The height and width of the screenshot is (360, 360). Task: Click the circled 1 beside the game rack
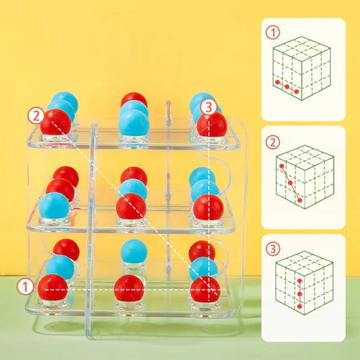tap(25, 286)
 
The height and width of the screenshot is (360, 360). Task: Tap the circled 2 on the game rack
tap(36, 115)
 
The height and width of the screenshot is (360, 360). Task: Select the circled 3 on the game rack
tap(209, 106)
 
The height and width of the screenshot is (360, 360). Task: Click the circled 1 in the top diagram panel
tap(273, 32)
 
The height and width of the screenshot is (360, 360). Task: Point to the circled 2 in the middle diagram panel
tap(273, 142)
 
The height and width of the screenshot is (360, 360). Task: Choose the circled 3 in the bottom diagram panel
tap(273, 249)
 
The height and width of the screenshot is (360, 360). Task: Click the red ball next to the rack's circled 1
tap(52, 287)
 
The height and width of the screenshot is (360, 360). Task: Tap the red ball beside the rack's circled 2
tap(55, 122)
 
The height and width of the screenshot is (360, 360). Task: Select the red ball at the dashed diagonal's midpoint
tap(131, 206)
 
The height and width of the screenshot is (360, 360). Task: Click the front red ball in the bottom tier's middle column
tap(129, 288)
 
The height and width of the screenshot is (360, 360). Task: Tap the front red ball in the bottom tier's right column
tap(205, 289)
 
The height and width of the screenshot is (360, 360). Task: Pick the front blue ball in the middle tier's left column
tap(54, 205)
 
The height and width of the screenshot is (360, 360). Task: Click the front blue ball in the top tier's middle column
tap(134, 122)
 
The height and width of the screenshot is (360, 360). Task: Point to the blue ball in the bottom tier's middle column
tap(135, 252)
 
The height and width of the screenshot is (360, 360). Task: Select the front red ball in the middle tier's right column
tap(208, 207)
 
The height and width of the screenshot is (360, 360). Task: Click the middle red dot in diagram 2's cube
tap(290, 182)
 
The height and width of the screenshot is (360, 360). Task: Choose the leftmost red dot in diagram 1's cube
tap(277, 82)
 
